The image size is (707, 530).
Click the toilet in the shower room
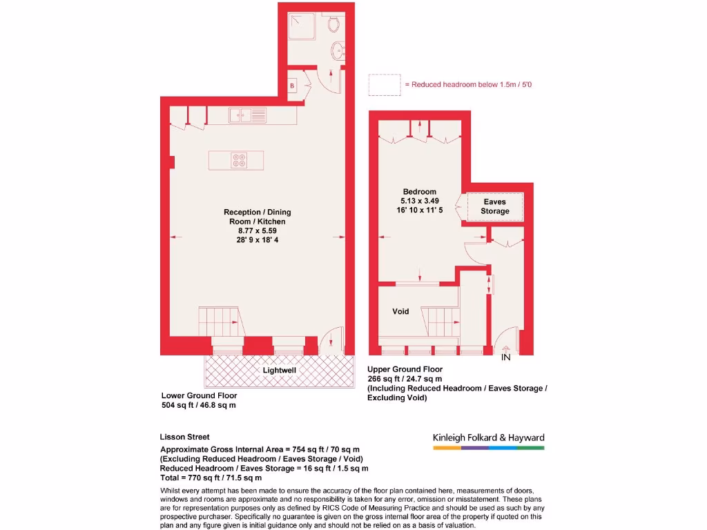coord(334,26)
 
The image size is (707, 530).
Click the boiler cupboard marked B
coord(293,85)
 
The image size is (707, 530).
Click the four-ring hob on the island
coord(240,160)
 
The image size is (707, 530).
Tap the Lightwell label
coord(280,371)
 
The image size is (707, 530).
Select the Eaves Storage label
coord(495,206)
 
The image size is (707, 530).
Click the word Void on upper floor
coord(400,311)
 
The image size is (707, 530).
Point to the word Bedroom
coord(420,192)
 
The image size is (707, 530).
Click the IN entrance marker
coord(505,357)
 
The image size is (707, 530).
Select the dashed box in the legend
coord(385,85)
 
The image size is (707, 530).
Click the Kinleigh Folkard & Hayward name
coord(488,438)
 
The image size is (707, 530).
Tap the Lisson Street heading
coord(184,437)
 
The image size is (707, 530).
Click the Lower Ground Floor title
coord(199,395)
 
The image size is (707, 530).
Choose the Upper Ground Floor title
coord(405,369)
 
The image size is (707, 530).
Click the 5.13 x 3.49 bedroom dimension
coord(420,202)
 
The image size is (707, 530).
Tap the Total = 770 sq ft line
coord(211,478)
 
